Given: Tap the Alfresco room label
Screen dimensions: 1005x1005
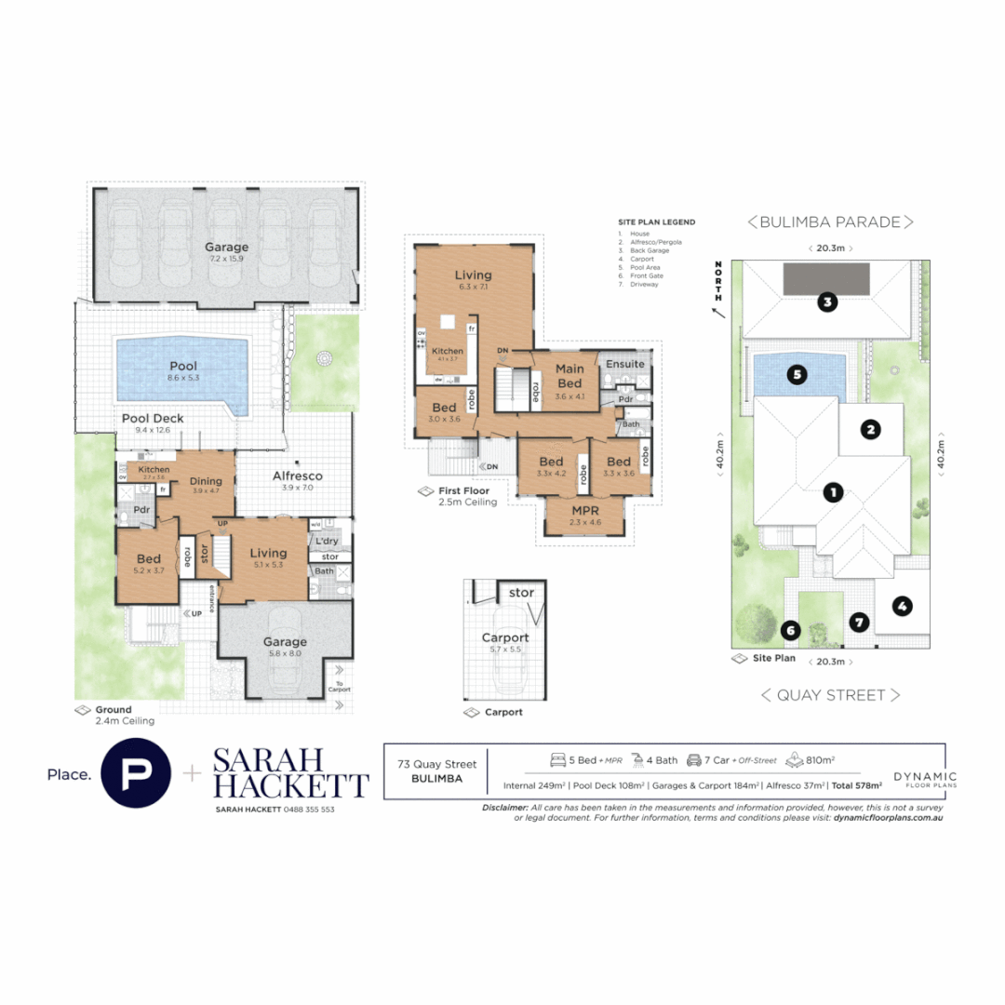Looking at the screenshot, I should coord(297,476).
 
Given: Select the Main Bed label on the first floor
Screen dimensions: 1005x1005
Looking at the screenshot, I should coord(569,376).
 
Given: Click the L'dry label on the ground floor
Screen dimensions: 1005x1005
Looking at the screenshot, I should coord(326,541).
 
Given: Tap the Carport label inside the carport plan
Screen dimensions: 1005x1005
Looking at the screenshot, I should coord(504,637).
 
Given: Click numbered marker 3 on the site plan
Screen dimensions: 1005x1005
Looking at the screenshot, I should coord(825,301).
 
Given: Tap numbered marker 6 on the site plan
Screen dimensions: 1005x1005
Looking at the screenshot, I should coord(791,630).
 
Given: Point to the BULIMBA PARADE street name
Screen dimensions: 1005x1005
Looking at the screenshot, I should coord(829,221).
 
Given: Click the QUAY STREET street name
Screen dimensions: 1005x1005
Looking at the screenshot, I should coord(829,694).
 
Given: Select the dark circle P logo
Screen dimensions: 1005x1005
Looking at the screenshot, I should coord(135,773).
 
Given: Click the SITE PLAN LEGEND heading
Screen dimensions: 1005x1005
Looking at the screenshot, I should coord(656,222).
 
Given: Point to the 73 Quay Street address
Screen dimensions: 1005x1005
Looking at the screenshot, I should coord(436,765).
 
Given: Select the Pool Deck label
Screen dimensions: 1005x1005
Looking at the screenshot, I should coord(153,419).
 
